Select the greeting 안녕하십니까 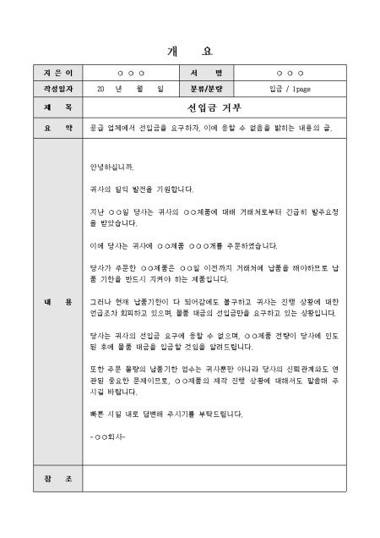click(x=111, y=166)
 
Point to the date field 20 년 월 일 click(x=130, y=88)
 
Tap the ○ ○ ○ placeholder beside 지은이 click(x=130, y=74)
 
